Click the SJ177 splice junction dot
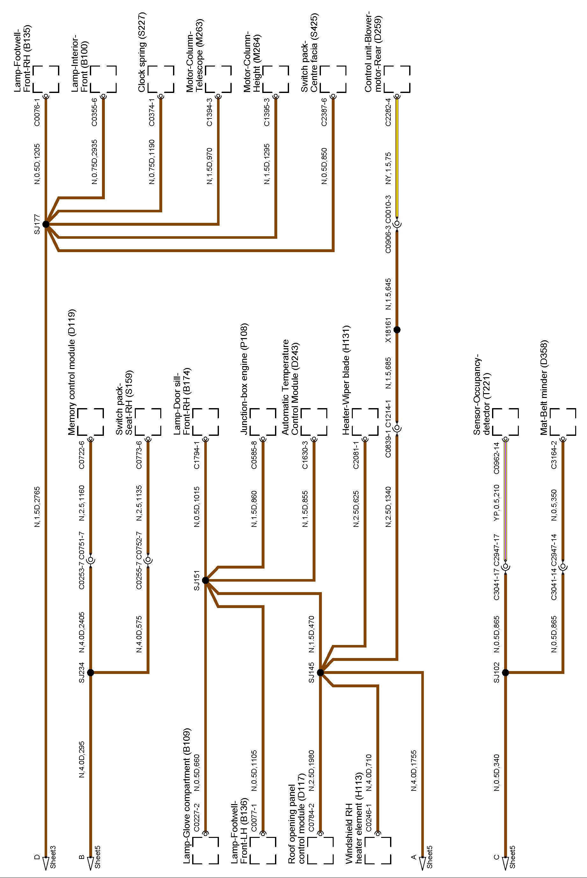tap(46, 224)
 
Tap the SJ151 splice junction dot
tap(205, 580)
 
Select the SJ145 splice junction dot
tap(320, 672)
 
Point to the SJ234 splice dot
tap(90, 672)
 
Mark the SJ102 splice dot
tap(505, 672)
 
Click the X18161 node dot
tap(397, 329)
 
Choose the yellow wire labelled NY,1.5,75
tap(397, 157)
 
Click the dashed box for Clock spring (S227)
tap(161, 79)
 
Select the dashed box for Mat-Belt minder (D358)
tap(563, 422)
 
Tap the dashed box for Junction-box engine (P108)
tap(263, 422)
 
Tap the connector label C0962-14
tap(496, 458)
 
